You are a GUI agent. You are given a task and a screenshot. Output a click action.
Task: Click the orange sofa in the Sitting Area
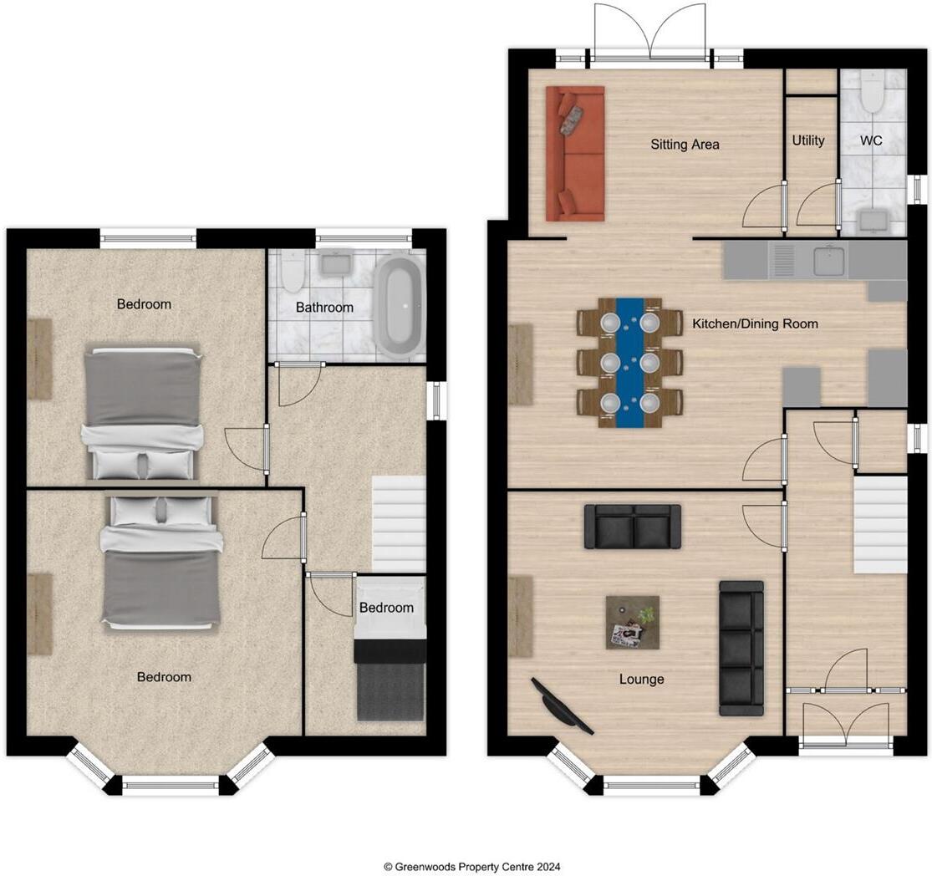point(575,153)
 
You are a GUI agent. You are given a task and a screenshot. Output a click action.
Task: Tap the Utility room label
point(808,140)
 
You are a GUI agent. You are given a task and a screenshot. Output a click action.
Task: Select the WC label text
point(871,140)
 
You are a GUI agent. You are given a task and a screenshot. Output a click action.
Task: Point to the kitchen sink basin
point(829,261)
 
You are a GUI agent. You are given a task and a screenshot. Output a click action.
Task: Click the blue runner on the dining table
point(630,363)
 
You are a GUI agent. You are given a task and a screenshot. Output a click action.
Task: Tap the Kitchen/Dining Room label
point(755,323)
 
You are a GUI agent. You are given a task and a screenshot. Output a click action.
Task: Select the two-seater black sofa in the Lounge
point(633,527)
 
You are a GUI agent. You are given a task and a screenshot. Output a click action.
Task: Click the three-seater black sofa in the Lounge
point(741,648)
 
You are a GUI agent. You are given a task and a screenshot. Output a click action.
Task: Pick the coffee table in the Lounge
point(633,623)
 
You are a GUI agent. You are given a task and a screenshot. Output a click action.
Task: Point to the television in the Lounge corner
point(563,706)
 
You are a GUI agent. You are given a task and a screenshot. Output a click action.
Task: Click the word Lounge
point(641,679)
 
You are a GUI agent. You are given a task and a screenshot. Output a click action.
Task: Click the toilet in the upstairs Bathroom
point(293,271)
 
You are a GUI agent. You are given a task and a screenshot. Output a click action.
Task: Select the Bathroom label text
point(324,308)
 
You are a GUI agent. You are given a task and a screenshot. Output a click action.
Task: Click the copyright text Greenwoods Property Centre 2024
point(472,867)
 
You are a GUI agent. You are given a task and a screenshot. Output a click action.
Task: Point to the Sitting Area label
point(685,145)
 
